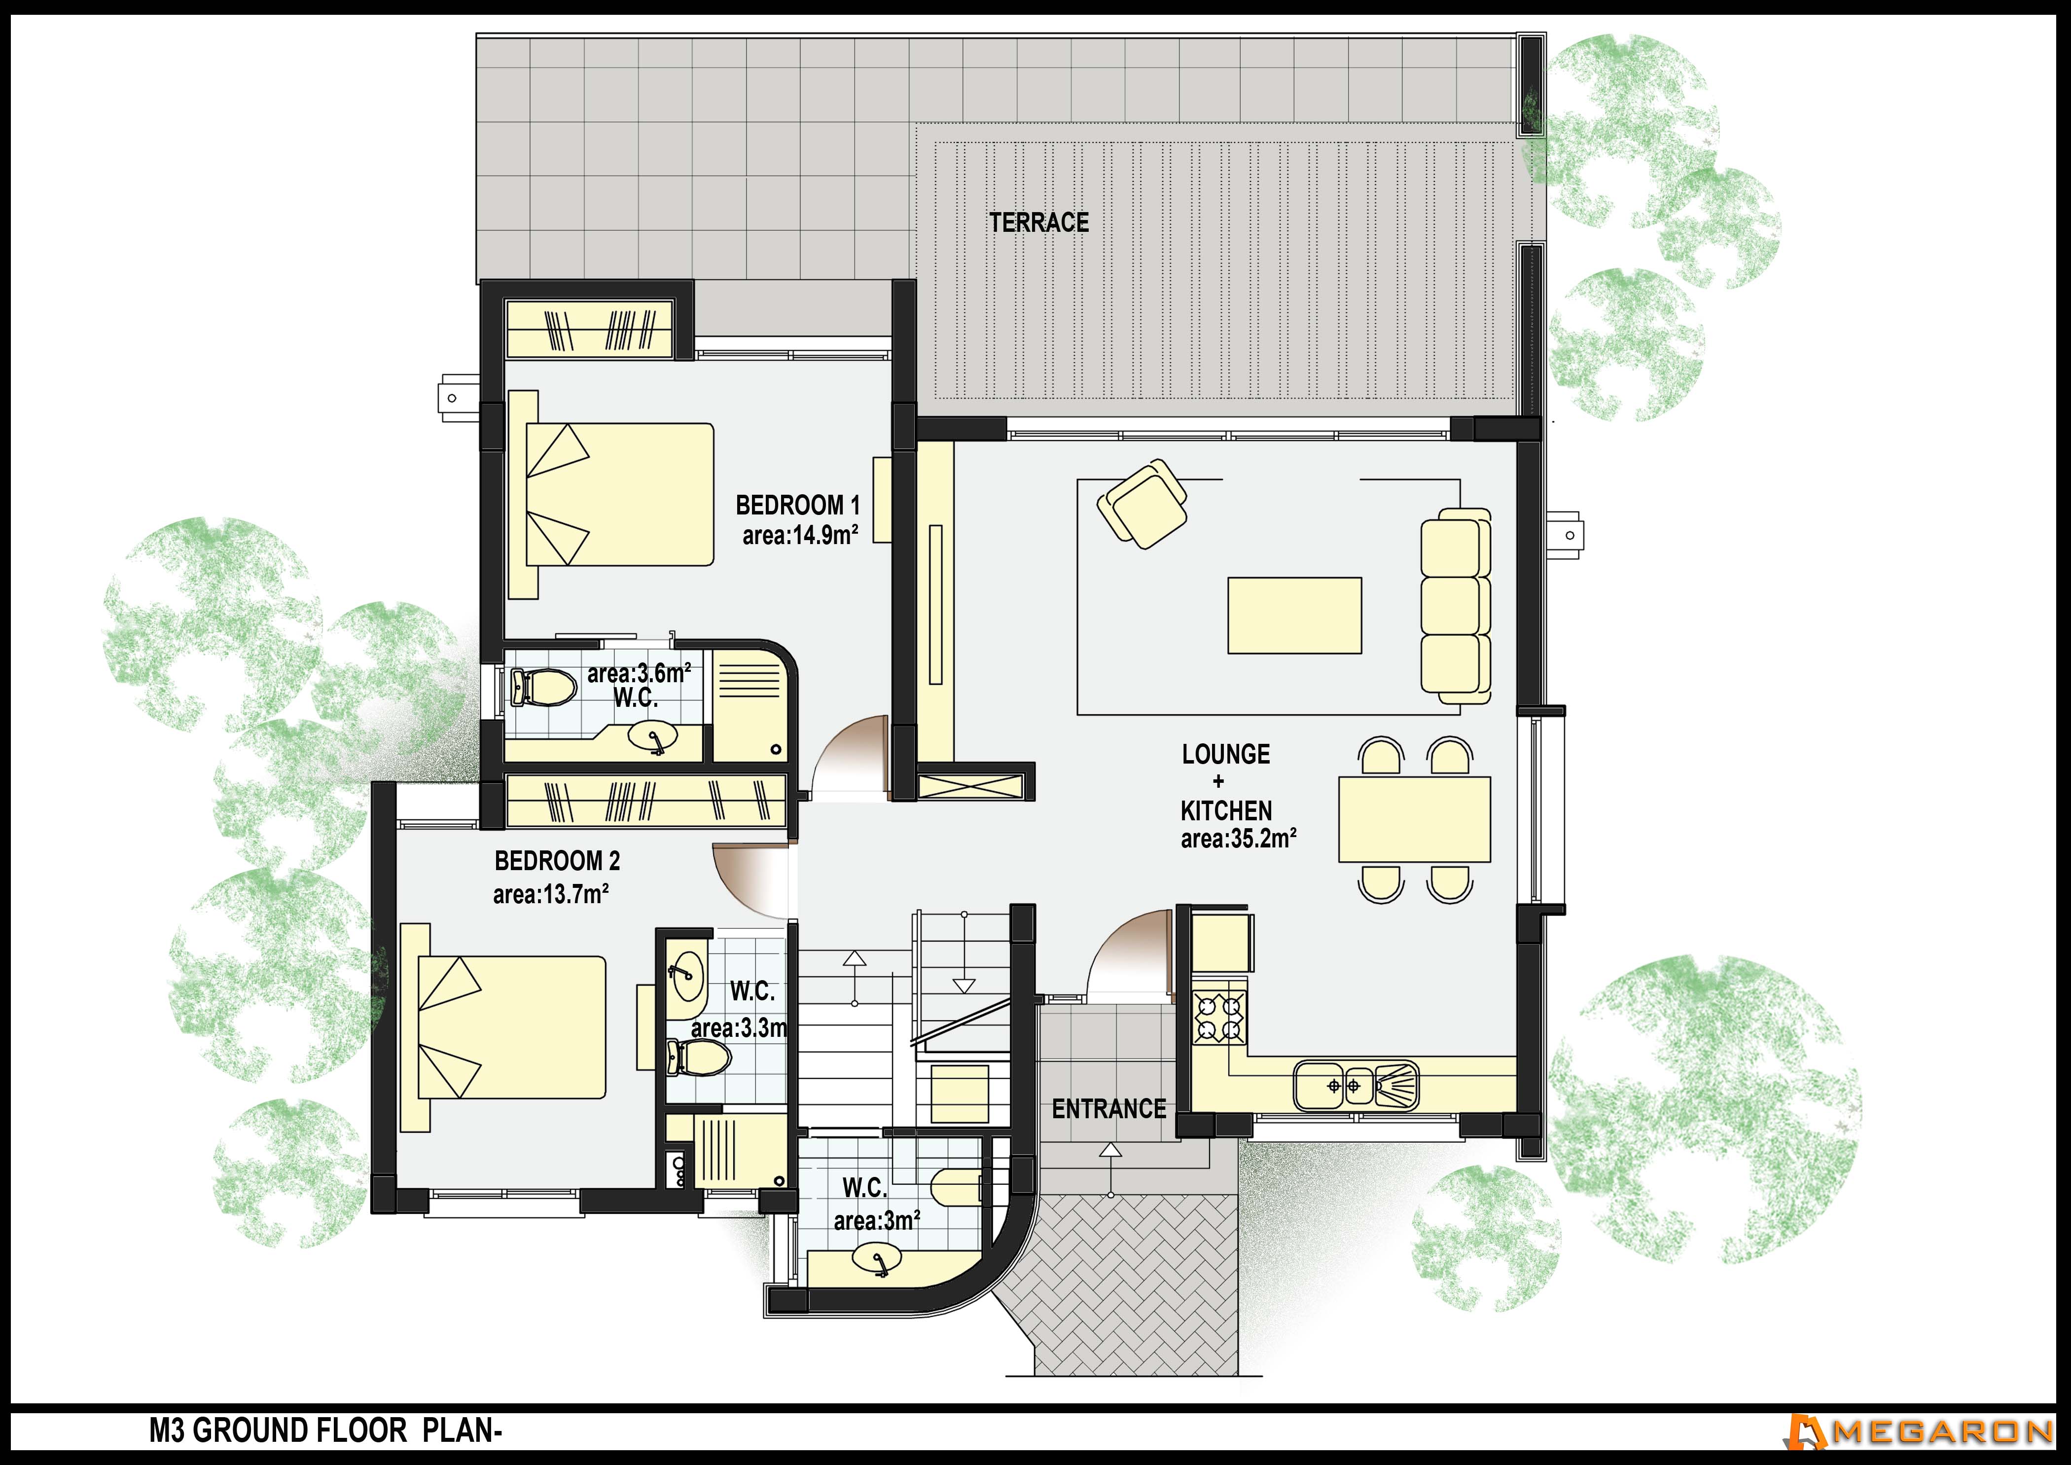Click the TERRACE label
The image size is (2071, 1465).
point(1039,222)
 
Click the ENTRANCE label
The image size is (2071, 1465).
point(1108,1109)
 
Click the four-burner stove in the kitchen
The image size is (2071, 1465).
point(1219,1018)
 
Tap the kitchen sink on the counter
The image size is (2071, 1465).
point(1356,1085)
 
